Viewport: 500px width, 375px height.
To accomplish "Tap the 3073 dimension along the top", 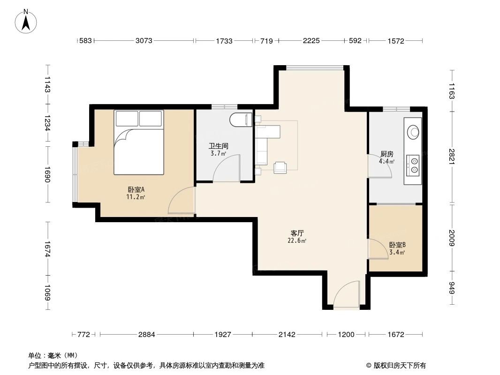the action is (x=144, y=41).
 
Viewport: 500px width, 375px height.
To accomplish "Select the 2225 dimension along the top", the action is (x=311, y=41).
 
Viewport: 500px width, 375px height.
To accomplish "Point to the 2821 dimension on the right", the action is (x=452, y=157).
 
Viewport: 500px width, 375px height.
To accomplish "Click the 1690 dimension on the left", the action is (x=47, y=174).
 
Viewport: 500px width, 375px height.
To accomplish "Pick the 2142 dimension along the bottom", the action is (x=287, y=335).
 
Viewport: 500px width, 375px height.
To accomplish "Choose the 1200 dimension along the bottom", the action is (x=346, y=335).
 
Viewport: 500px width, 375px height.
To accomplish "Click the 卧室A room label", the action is (x=136, y=189).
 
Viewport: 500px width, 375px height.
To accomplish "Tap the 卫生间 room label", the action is (x=219, y=146).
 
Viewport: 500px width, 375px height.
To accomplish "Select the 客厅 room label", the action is (x=297, y=233).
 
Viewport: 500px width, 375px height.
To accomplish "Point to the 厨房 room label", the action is (x=387, y=154).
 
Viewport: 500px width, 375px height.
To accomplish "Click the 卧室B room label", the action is (x=397, y=245).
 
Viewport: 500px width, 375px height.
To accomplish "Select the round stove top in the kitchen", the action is (x=414, y=132).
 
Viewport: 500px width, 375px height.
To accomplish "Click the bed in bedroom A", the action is (x=139, y=142).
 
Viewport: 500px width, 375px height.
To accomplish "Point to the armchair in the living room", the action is (x=280, y=167).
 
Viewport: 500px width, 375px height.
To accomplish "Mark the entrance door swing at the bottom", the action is (x=347, y=295).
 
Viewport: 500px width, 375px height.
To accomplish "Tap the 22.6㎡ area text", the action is (x=297, y=241).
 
